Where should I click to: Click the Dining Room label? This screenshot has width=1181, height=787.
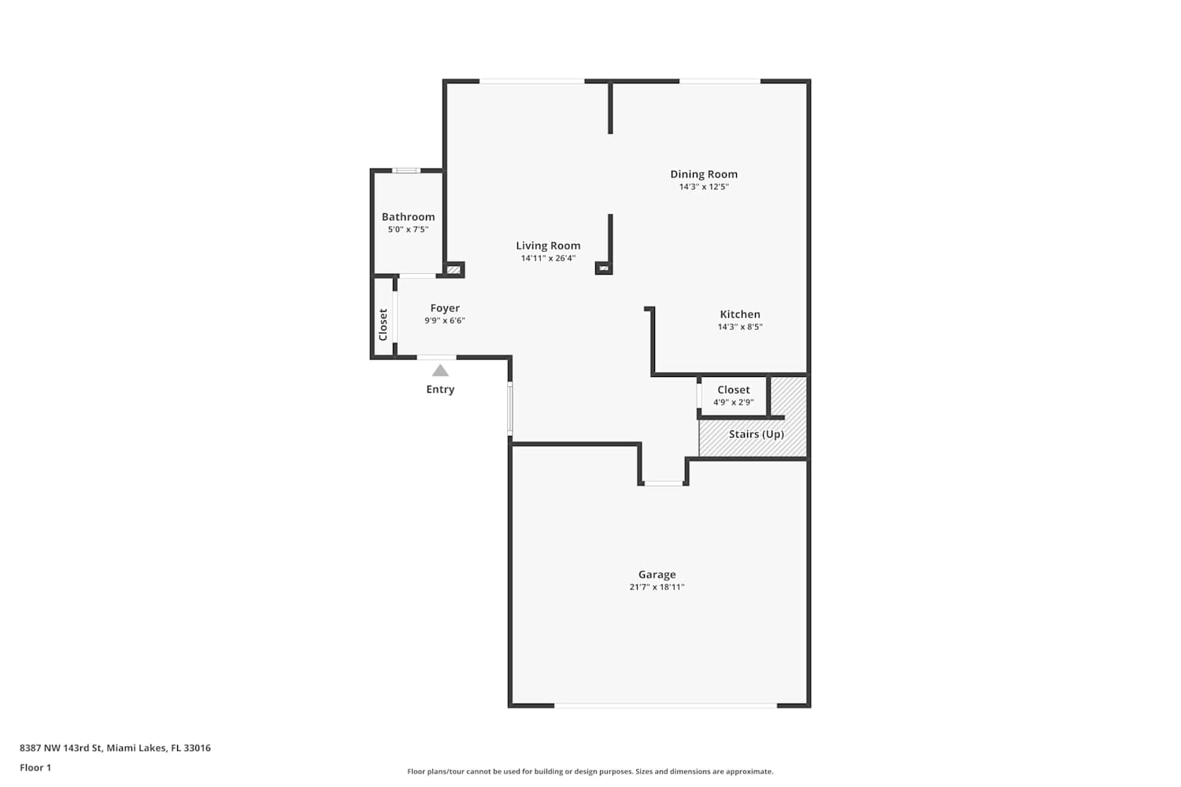(x=704, y=174)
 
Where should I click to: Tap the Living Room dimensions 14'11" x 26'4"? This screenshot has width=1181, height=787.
(x=548, y=258)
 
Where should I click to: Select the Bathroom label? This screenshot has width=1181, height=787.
(x=408, y=216)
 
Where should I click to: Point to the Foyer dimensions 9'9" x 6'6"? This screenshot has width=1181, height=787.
(x=445, y=320)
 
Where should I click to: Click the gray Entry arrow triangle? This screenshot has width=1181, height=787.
(x=440, y=371)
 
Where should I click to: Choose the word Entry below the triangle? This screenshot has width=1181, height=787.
(x=440, y=389)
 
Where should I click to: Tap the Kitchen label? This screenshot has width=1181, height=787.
(x=740, y=314)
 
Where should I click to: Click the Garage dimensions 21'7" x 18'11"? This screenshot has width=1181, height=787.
(x=657, y=587)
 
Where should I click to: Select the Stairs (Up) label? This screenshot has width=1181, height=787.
(x=756, y=434)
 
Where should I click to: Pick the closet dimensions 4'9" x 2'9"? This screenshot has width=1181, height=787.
(x=733, y=402)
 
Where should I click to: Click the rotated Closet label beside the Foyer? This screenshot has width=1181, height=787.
(x=383, y=325)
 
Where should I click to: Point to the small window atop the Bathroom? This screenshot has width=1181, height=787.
(x=406, y=170)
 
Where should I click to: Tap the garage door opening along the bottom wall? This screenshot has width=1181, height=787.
(x=665, y=705)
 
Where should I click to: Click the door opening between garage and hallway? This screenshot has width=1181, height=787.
(x=663, y=483)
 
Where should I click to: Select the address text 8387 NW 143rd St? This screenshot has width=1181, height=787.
(x=61, y=748)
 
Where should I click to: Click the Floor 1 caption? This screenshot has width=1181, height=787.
(x=35, y=767)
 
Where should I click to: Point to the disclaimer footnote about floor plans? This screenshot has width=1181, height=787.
(x=590, y=771)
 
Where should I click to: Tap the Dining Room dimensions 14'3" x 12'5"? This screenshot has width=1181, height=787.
(x=704, y=187)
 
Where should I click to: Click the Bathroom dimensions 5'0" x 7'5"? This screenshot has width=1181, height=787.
(x=408, y=229)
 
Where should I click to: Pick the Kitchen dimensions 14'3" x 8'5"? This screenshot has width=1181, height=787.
(x=740, y=327)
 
